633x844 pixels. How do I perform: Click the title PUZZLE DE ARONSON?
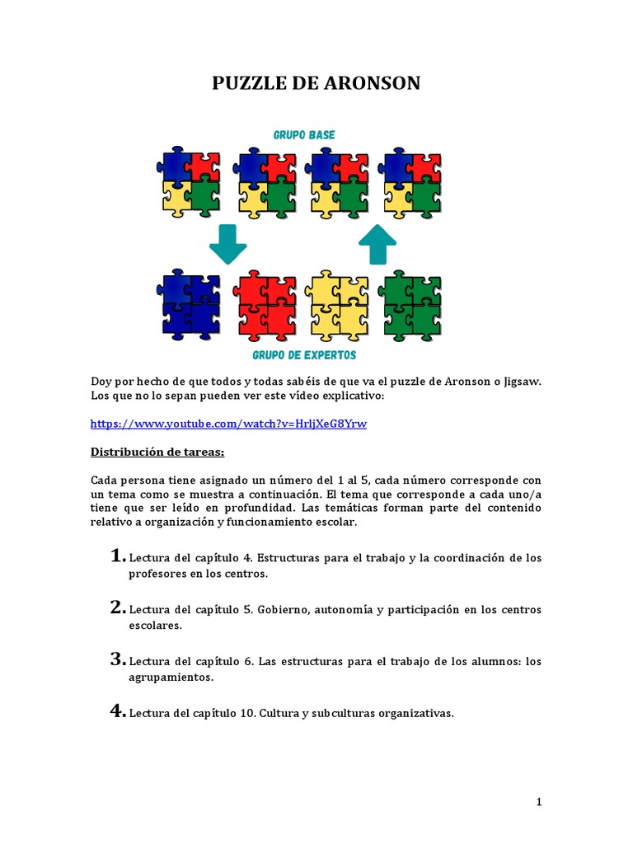(316, 83)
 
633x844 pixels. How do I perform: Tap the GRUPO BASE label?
(304, 134)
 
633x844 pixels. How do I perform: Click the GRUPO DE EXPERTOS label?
(304, 355)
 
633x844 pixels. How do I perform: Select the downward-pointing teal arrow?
(228, 244)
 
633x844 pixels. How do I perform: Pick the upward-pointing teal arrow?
(377, 244)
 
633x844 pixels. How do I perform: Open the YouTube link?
(228, 424)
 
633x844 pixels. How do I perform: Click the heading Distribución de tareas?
(157, 452)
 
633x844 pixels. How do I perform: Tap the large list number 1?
(118, 556)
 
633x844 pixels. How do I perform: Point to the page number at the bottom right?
(539, 802)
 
